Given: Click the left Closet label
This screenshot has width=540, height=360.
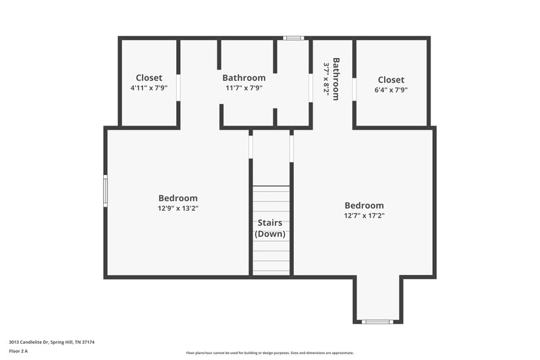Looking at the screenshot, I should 148,78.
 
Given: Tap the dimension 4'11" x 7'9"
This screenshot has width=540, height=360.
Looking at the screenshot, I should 148,88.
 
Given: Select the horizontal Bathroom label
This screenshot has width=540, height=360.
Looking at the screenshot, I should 244,78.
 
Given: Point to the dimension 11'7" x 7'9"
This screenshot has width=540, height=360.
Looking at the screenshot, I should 244,88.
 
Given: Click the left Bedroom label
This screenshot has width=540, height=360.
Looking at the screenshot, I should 178,199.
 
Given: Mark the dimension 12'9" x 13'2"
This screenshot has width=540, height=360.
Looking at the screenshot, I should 178,209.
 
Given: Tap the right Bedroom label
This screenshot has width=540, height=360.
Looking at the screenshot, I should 364,206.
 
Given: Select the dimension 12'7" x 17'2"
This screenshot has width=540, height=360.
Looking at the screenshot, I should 364,216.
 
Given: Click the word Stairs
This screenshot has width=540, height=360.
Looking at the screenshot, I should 270,224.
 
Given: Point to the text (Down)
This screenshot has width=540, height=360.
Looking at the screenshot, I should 270,234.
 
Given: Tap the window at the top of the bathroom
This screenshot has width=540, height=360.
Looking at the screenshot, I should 293,38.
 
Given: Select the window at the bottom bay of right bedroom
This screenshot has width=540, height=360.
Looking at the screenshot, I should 377,322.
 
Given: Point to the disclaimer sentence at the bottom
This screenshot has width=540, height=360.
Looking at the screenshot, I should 270,353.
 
